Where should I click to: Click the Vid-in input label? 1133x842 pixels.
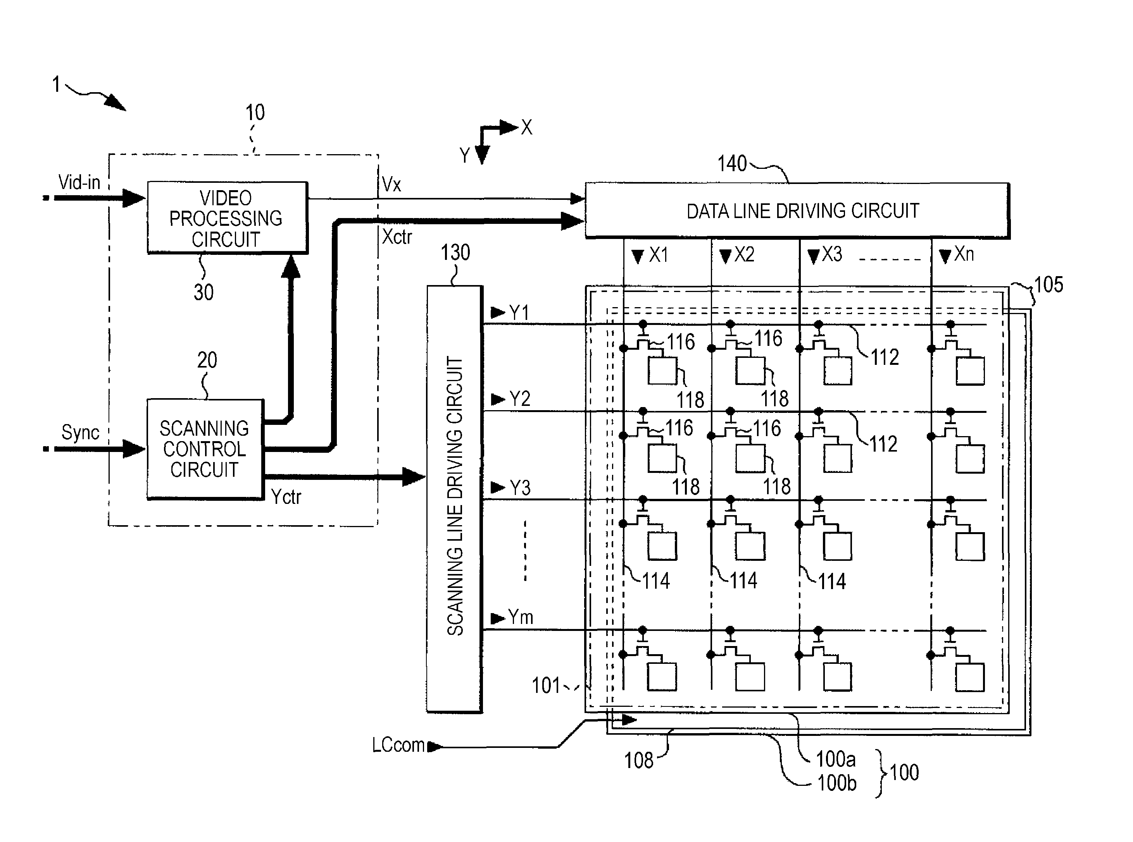79,182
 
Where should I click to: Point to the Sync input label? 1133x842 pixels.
80,432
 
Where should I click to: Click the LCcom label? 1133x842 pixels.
398,745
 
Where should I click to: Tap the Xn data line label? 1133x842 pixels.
964,254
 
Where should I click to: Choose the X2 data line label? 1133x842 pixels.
744,254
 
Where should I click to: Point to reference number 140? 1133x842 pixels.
731,163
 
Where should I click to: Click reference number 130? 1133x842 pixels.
455,252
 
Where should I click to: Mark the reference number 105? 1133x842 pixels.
1048,284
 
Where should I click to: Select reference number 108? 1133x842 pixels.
639,760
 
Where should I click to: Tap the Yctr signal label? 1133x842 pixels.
286,497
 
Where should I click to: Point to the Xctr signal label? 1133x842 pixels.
397,237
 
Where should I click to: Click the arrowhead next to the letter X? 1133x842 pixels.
509,127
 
